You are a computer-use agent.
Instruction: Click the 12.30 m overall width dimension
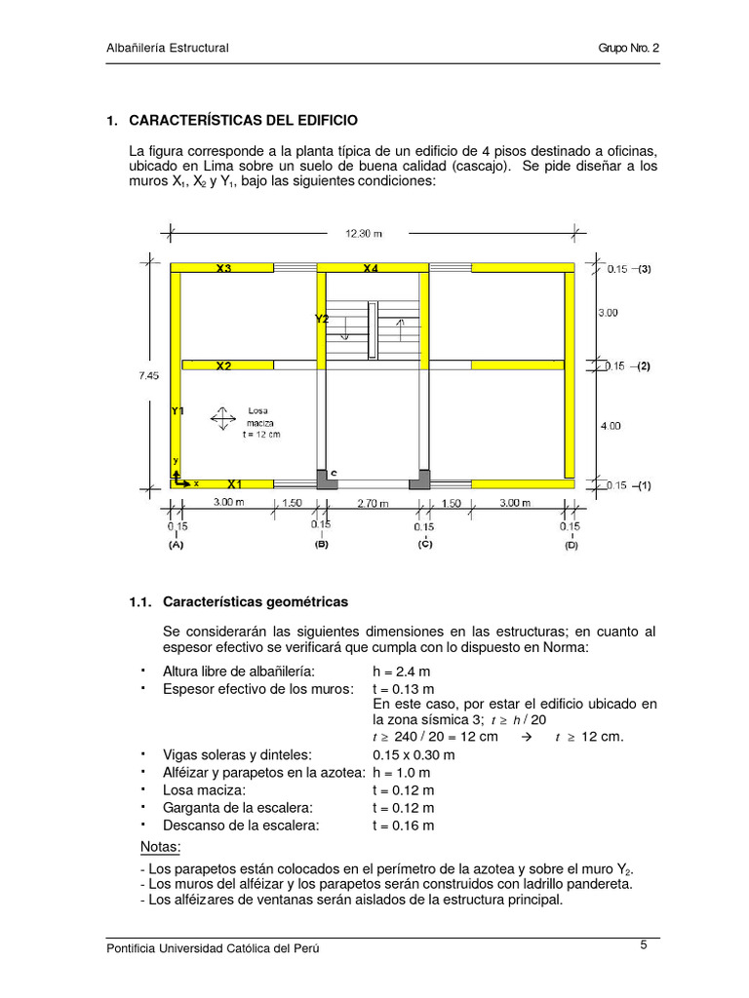363,233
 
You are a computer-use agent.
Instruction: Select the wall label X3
224,268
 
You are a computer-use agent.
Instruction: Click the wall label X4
371,268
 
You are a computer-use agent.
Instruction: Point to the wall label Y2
322,319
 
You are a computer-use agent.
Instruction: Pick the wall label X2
223,366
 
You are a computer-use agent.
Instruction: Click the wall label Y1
177,410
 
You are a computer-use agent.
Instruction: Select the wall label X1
235,483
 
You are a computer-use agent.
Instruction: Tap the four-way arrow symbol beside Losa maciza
223,419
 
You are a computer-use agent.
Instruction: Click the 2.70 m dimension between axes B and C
373,504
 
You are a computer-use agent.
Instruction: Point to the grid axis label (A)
176,546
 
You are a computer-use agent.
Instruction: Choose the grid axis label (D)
571,546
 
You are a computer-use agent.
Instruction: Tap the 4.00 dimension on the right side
609,426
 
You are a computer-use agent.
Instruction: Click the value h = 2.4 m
404,672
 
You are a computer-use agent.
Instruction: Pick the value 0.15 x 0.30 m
414,754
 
